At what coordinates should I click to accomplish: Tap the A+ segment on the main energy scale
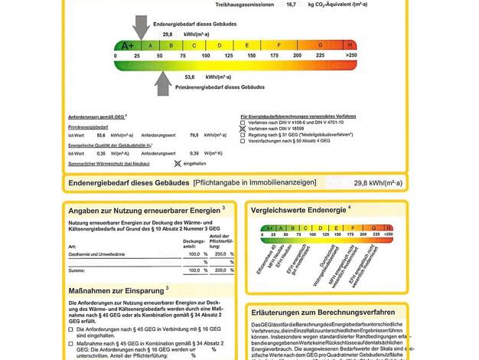tap(128, 45)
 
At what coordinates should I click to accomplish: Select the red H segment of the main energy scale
tap(350, 45)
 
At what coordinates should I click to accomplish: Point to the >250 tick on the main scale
tap(351, 56)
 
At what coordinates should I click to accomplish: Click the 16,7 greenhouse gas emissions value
tap(291, 5)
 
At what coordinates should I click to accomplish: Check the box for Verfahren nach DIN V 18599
tap(243, 129)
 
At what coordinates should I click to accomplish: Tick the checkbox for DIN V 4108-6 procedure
tap(243, 122)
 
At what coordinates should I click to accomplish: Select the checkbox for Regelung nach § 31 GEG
tap(243, 135)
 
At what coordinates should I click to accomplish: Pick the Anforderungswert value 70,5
tap(194, 135)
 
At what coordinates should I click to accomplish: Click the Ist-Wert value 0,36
tap(101, 153)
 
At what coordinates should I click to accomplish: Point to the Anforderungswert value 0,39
tap(194, 153)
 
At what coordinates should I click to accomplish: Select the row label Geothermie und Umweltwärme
tap(96, 254)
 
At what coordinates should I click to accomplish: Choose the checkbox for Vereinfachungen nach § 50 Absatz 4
tap(243, 141)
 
